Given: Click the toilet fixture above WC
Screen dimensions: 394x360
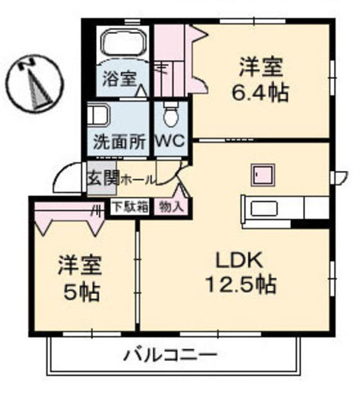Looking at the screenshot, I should [169, 111].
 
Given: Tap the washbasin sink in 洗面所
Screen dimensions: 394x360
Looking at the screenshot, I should [98, 116].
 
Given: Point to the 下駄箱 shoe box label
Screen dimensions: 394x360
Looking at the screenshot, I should [129, 207].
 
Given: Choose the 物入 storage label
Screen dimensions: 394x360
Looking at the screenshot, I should [170, 207].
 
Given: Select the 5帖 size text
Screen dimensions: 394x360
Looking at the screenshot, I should [82, 293].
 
